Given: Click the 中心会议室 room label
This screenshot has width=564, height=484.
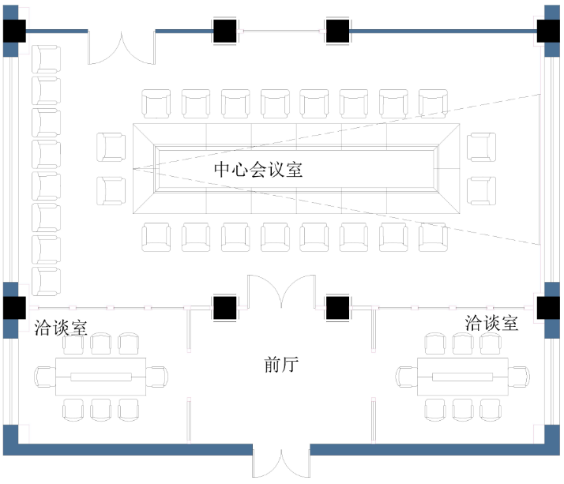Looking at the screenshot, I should pos(258,169).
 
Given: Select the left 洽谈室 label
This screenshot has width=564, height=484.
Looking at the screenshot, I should pos(61,326).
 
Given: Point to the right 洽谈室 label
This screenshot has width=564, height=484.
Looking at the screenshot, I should pos(491,322).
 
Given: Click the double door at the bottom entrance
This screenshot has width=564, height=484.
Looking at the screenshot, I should pos(281,464).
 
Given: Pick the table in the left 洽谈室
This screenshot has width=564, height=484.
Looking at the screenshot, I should pos(100,377).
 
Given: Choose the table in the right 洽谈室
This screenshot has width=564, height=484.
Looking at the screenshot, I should pos(462,377).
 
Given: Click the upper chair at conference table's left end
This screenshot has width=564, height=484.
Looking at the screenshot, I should pos(111,147).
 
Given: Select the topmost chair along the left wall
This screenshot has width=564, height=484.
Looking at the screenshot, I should pos(46,60).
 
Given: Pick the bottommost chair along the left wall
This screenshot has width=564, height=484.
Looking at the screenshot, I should pos(46,281).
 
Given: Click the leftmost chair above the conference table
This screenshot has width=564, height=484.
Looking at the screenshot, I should pos(156,103).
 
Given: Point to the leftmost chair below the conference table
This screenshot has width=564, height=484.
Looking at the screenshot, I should pos(156,236).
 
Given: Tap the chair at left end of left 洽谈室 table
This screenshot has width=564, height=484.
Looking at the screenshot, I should pos(45,377).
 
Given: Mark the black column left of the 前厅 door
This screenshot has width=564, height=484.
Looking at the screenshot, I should pos(224,307).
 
